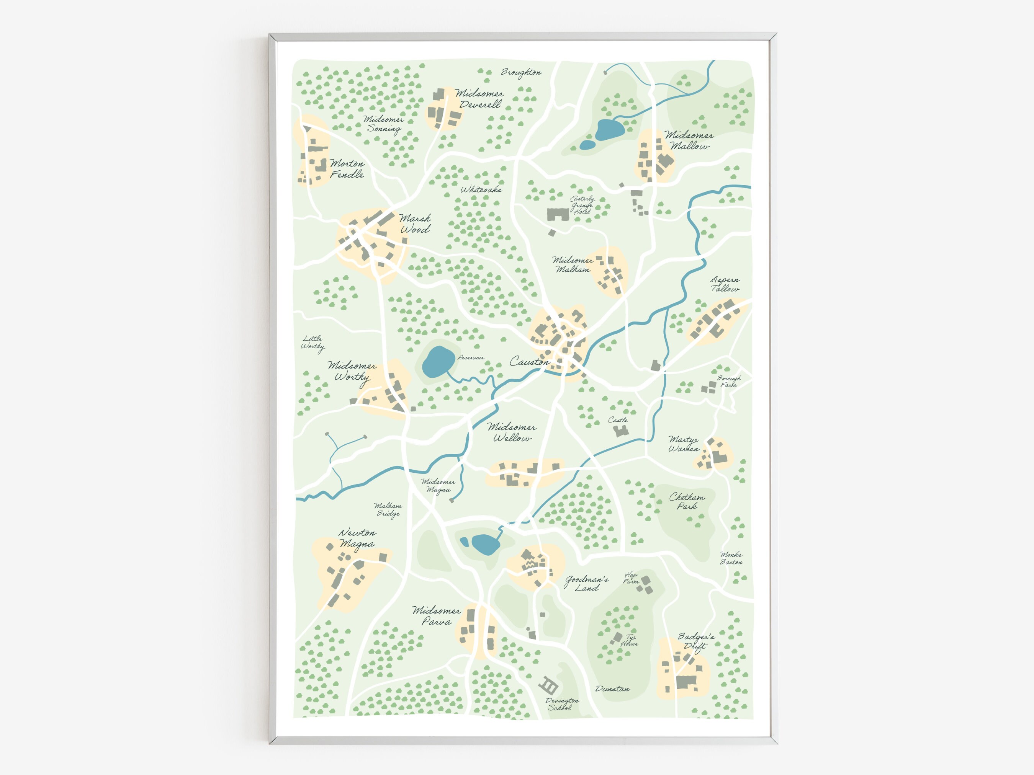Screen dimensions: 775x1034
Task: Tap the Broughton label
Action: (521, 72)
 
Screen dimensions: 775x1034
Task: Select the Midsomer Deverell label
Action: (480, 99)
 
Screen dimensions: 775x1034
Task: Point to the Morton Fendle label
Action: (347, 169)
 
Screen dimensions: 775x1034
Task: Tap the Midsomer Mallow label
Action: (689, 140)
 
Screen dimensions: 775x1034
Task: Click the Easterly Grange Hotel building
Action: (558, 214)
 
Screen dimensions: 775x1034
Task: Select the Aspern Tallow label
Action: (725, 284)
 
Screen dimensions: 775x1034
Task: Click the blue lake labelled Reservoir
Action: (438, 362)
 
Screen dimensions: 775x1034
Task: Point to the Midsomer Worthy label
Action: (352, 371)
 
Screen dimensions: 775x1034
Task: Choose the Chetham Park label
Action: (687, 501)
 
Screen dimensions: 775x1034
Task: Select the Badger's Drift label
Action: (696, 641)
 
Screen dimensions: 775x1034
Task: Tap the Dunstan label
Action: (612, 689)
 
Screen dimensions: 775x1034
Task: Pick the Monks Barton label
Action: (731, 558)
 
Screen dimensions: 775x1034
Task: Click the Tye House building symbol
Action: (617, 637)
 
